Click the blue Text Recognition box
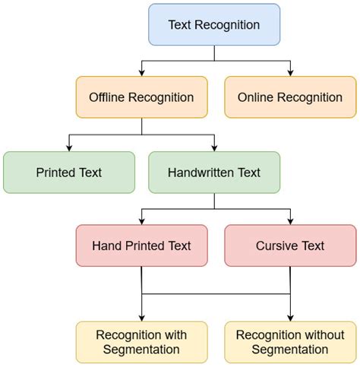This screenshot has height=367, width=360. pyautogui.click(x=214, y=25)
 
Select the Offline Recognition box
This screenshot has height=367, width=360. pyautogui.click(x=141, y=98)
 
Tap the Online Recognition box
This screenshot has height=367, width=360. pyautogui.click(x=290, y=98)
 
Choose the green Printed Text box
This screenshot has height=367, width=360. pyautogui.click(x=68, y=172)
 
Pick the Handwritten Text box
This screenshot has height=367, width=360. pyautogui.click(x=214, y=172)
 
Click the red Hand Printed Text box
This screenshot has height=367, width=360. pyautogui.click(x=141, y=245)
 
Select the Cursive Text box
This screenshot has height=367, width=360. pyautogui.click(x=290, y=245)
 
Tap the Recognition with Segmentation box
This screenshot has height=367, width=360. pyautogui.click(x=141, y=342)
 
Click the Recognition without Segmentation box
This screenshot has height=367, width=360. pyautogui.click(x=290, y=342)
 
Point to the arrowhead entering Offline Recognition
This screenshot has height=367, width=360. pyautogui.click(x=141, y=74)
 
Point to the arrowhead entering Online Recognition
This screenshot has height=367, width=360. pyautogui.click(x=290, y=74)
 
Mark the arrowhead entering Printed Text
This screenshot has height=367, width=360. pyautogui.click(x=68, y=147)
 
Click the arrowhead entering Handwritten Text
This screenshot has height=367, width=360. pyautogui.click(x=214, y=147)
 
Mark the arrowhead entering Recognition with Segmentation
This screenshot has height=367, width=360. pyautogui.click(x=141, y=318)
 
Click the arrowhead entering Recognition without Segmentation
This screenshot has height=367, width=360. pyautogui.click(x=290, y=318)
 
